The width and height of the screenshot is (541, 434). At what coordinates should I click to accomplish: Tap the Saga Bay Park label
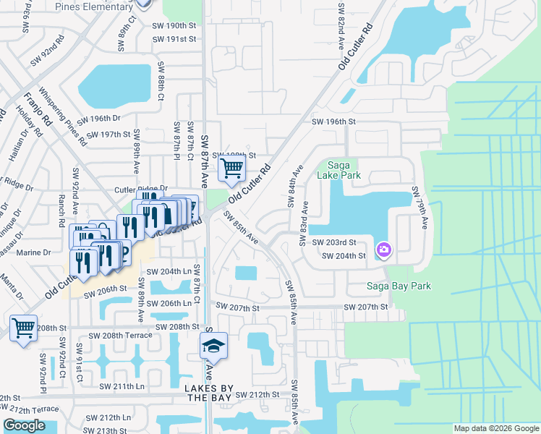pyautogui.click(x=400, y=286)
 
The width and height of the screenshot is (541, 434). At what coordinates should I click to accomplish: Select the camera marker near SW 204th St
pyautogui.click(x=384, y=250)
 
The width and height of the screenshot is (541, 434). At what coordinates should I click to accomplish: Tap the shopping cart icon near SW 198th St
pyautogui.click(x=231, y=169)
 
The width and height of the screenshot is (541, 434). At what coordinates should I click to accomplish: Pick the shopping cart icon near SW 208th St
pyautogui.click(x=24, y=328)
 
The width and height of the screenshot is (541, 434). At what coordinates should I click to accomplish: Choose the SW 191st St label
pyautogui.click(x=174, y=38)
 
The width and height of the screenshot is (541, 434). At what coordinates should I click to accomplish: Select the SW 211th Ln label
pyautogui.click(x=117, y=386)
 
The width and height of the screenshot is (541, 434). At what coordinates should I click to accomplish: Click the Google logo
pyautogui.click(x=24, y=425)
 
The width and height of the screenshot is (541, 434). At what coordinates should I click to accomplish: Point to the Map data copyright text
pyautogui.click(x=496, y=428)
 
